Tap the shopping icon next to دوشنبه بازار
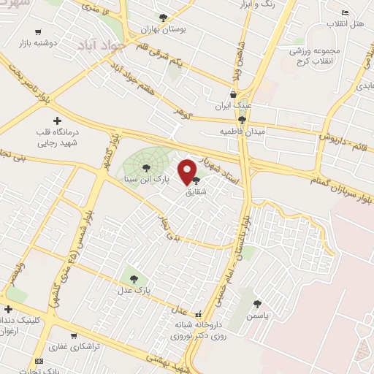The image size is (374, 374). click(x=31, y=32)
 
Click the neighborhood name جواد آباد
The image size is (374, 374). click(x=103, y=45)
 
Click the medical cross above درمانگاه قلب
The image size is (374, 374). click(x=57, y=121)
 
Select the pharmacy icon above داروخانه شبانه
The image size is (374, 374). click(x=199, y=313)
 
